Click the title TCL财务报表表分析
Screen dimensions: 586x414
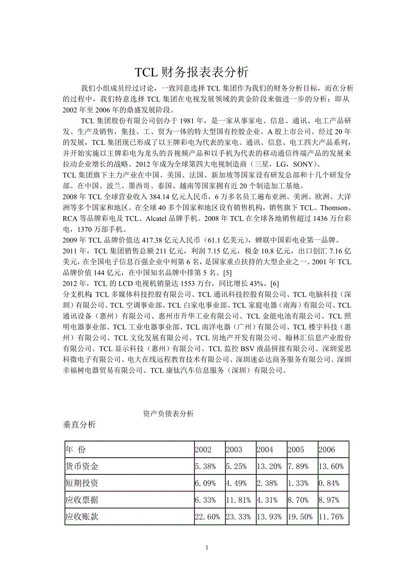pyautogui.click(x=192, y=72)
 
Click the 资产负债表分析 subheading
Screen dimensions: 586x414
pyautogui.click(x=168, y=414)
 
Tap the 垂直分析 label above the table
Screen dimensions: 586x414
pyautogui.click(x=79, y=425)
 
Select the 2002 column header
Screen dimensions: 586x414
pyautogui.click(x=203, y=450)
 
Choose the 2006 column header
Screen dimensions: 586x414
pyautogui.click(x=327, y=450)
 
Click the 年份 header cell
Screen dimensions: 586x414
pyautogui.click(x=75, y=450)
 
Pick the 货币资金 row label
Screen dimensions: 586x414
pyautogui.click(x=82, y=467)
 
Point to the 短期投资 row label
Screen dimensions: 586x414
pyautogui.click(x=82, y=484)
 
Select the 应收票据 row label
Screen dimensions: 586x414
pyautogui.click(x=82, y=500)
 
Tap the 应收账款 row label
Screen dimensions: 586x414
pyautogui.click(x=82, y=517)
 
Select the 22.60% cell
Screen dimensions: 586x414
pyautogui.click(x=207, y=517)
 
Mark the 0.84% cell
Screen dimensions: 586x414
pyautogui.click(x=328, y=484)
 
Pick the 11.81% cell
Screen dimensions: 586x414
pyautogui.click(x=238, y=500)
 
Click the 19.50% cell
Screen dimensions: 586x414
pyautogui.click(x=300, y=517)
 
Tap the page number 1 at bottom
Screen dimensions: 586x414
pyautogui.click(x=207, y=548)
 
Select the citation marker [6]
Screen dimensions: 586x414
pyautogui.click(x=274, y=283)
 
